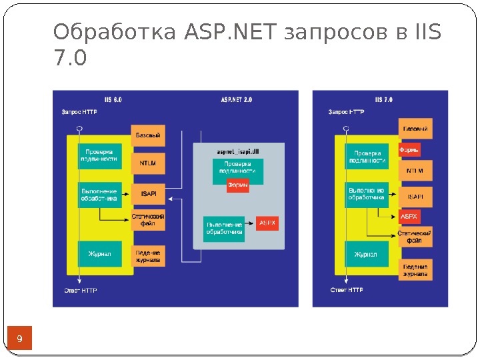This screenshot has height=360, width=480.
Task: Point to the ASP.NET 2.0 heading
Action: point(237,99)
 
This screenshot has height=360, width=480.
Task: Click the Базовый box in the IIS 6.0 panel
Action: point(148,136)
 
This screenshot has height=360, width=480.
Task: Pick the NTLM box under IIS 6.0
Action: point(148,162)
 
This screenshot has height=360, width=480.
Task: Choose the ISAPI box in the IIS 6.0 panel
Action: point(148,194)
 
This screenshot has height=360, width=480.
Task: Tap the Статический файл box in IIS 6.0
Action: point(148,221)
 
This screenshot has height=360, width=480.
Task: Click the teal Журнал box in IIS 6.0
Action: point(100,254)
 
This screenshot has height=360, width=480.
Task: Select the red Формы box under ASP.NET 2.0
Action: point(238,185)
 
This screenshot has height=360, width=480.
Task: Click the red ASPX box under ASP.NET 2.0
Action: point(267,222)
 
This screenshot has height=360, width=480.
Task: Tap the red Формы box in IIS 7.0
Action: point(409,150)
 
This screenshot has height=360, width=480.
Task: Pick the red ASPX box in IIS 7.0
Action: point(409,217)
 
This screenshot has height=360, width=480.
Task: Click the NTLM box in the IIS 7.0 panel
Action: point(415,171)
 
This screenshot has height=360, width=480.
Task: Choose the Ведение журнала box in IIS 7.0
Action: point(415,270)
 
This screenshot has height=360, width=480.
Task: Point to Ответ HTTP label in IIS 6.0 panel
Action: point(81,290)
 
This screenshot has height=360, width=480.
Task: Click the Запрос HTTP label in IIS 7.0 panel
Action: point(346,112)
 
